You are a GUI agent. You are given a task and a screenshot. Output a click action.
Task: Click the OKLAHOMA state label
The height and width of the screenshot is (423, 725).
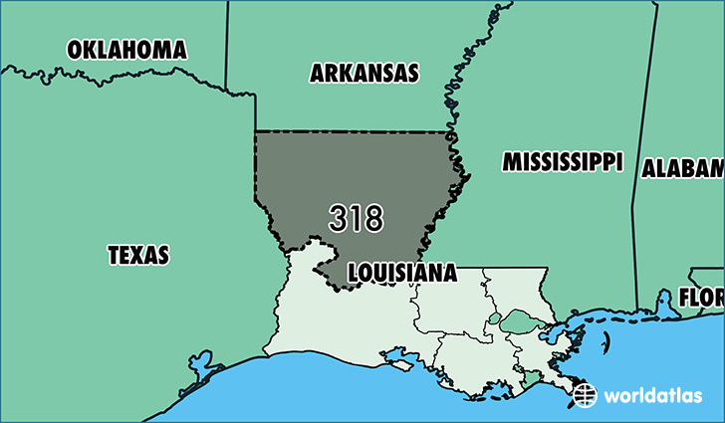pos(126,49)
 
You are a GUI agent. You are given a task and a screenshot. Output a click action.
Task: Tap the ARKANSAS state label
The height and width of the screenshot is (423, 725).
pos(363,73)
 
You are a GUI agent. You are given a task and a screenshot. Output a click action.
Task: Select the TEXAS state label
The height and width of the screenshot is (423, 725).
pos(138,255)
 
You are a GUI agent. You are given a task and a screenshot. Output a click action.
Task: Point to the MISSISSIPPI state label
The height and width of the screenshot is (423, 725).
pos(562,162)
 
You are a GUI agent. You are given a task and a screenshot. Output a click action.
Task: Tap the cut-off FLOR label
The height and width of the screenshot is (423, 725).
pos(701,297)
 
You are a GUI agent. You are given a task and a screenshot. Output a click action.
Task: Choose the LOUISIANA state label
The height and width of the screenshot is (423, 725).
pos(401,272)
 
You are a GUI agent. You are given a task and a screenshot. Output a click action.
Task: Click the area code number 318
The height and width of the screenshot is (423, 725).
pos(356,219)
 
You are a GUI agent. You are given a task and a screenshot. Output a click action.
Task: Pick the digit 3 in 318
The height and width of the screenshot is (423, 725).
pos(339,219)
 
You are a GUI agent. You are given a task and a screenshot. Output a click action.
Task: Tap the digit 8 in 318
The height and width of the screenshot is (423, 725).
pos(372,219)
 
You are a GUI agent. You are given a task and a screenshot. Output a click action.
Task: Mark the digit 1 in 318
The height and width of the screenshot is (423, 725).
pos(356,219)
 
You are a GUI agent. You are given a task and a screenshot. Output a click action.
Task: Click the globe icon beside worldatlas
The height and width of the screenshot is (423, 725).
pos(586,395)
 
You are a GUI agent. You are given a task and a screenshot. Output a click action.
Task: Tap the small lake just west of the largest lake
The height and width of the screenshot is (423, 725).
pos(495,319)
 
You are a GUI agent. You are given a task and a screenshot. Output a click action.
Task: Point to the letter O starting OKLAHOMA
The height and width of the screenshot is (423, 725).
pos(75,49)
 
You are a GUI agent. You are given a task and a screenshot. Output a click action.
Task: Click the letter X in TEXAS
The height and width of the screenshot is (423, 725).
pos(138,255)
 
